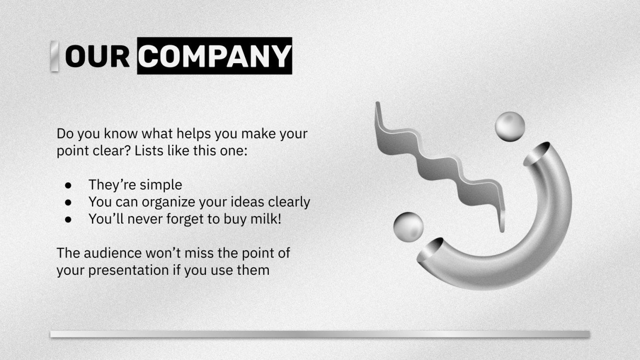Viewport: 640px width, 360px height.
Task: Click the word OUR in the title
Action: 97,56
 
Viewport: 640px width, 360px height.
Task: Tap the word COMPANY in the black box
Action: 215,56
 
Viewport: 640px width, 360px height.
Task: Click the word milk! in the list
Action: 265,219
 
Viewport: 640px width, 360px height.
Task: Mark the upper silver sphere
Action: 510,126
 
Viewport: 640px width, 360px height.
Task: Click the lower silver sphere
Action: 408,226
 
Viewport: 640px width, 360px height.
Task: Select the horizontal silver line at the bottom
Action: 320,334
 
